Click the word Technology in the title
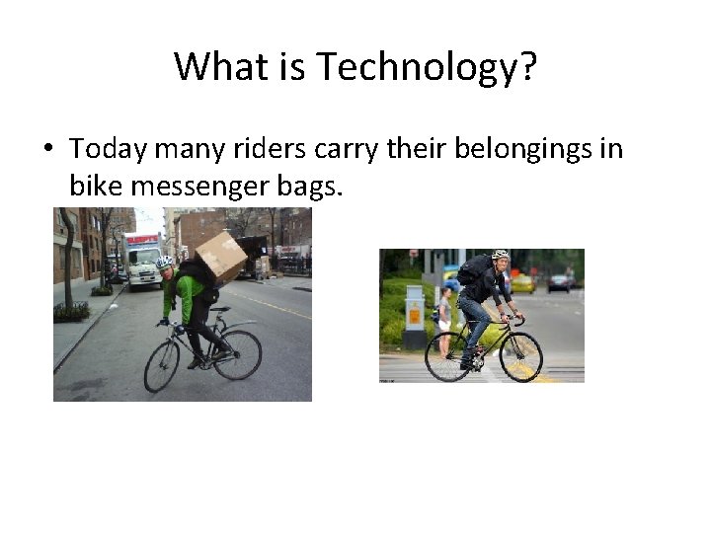point(426,66)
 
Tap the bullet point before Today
point(47,150)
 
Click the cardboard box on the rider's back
point(221,255)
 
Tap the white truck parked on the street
point(142,260)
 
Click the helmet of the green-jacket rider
point(165,264)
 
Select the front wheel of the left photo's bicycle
point(162,367)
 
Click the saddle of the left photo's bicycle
point(220,310)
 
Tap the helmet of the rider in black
point(500,255)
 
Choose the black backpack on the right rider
point(474,268)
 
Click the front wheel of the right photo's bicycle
point(520,357)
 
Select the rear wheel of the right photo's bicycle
point(447,356)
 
